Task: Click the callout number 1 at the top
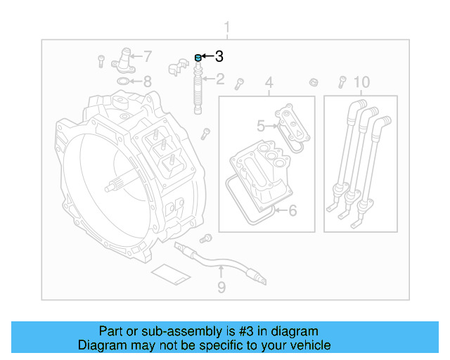226,28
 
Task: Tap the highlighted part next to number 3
198,57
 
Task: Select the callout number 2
219,79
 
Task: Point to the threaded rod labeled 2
198,91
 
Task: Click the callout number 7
147,56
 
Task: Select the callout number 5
260,127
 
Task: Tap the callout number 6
292,210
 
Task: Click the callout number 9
221,287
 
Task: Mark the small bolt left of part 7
101,60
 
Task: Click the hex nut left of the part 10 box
313,82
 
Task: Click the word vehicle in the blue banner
310,345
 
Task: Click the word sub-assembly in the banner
175,331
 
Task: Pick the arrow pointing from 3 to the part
208,56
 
